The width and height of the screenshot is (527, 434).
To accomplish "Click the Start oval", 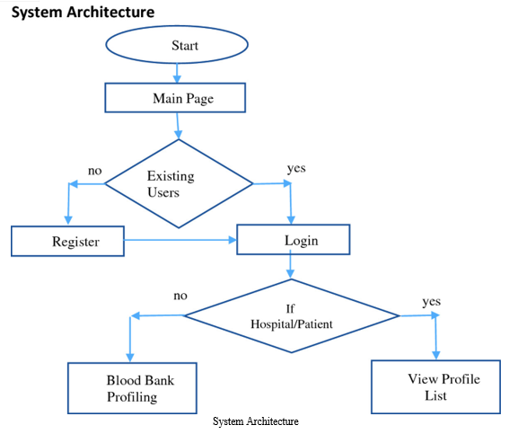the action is pyautogui.click(x=177, y=44).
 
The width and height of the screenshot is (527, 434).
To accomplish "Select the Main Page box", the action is pyautogui.click(x=175, y=98).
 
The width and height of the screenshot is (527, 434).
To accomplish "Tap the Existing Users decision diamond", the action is pyautogui.click(x=179, y=183).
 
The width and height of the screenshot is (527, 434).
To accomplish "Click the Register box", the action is pyautogui.click(x=67, y=241).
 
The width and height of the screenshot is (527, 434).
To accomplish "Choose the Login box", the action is pyautogui.click(x=293, y=240).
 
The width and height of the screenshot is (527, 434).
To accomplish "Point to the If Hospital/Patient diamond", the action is pyautogui.click(x=292, y=316).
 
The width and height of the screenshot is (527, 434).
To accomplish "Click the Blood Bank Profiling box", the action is pyautogui.click(x=132, y=388).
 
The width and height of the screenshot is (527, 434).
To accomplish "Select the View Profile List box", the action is pyautogui.click(x=435, y=387).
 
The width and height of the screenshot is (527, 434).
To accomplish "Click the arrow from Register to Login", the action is pyautogui.click(x=180, y=240).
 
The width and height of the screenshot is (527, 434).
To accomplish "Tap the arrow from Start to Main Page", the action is pyautogui.click(x=177, y=73).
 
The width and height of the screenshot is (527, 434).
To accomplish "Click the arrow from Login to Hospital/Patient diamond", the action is pyautogui.click(x=290, y=267).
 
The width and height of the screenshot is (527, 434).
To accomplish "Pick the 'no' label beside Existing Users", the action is pyautogui.click(x=95, y=171).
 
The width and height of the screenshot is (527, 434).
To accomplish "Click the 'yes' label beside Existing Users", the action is pyautogui.click(x=296, y=168).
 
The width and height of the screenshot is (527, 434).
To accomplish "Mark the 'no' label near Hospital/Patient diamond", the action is pyautogui.click(x=180, y=296).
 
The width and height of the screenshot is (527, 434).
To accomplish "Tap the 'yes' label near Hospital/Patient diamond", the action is pyautogui.click(x=432, y=302).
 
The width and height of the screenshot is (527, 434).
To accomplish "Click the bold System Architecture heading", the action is pyautogui.click(x=83, y=12).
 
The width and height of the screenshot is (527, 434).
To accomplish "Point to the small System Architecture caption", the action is pyautogui.click(x=256, y=421).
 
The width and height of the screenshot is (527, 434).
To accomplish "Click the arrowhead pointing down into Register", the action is pyautogui.click(x=68, y=220).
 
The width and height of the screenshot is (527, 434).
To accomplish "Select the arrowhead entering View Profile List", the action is pyautogui.click(x=436, y=355).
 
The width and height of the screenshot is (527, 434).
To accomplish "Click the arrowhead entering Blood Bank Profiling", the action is pyautogui.click(x=130, y=358).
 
